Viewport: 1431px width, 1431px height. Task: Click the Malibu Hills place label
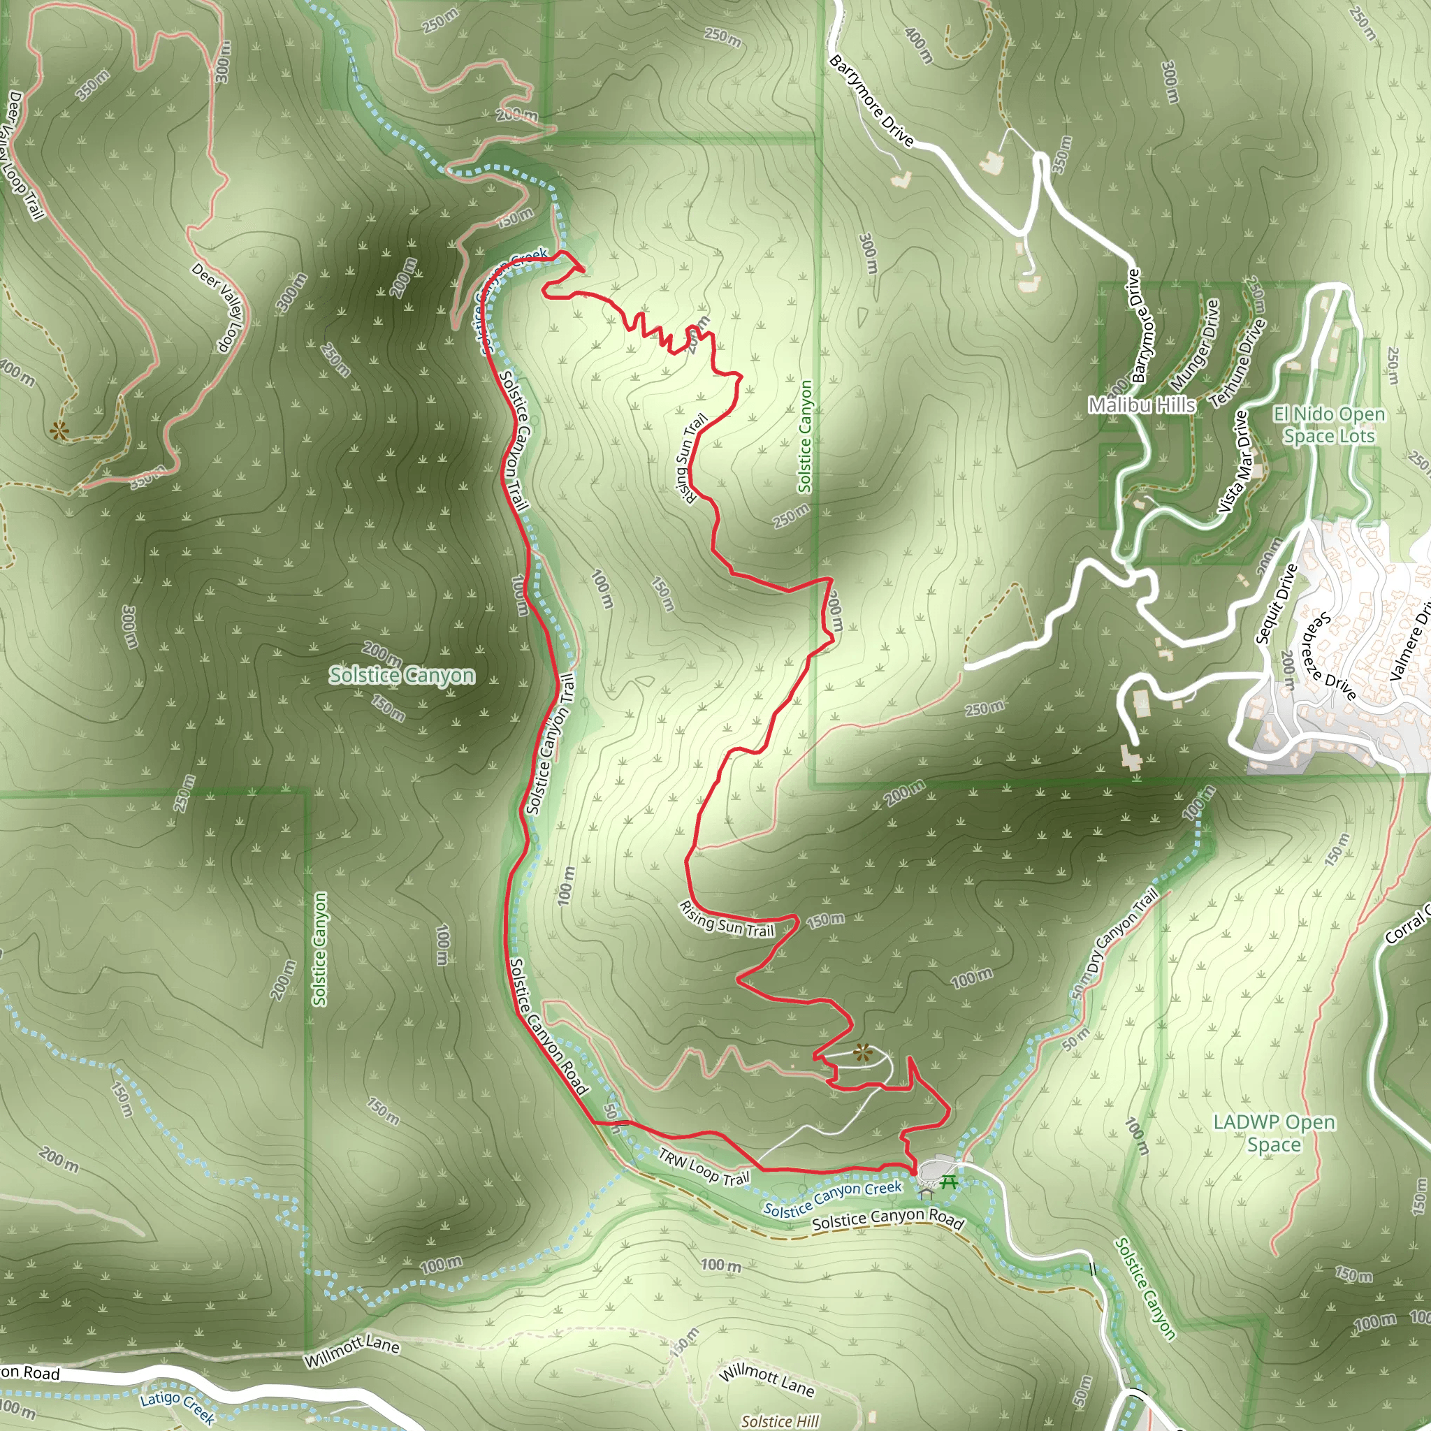click(1142, 405)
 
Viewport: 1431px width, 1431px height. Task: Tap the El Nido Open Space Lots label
click(1329, 425)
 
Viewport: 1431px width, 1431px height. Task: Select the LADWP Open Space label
click(1274, 1133)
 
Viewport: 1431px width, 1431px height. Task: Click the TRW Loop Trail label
click(704, 1167)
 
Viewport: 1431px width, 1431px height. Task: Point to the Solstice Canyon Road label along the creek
click(887, 1220)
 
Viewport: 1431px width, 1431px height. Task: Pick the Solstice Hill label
click(780, 1421)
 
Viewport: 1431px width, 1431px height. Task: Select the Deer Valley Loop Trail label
click(24, 156)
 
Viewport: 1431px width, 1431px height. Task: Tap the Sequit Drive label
click(1276, 603)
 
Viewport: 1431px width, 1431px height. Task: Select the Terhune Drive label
click(1237, 363)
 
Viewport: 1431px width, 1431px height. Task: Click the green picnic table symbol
click(949, 1182)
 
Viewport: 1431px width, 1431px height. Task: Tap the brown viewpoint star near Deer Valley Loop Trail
click(59, 430)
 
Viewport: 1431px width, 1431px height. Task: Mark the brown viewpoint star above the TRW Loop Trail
click(861, 1052)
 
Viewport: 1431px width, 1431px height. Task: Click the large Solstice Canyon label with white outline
click(402, 676)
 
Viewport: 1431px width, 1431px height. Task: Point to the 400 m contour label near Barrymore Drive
click(918, 46)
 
